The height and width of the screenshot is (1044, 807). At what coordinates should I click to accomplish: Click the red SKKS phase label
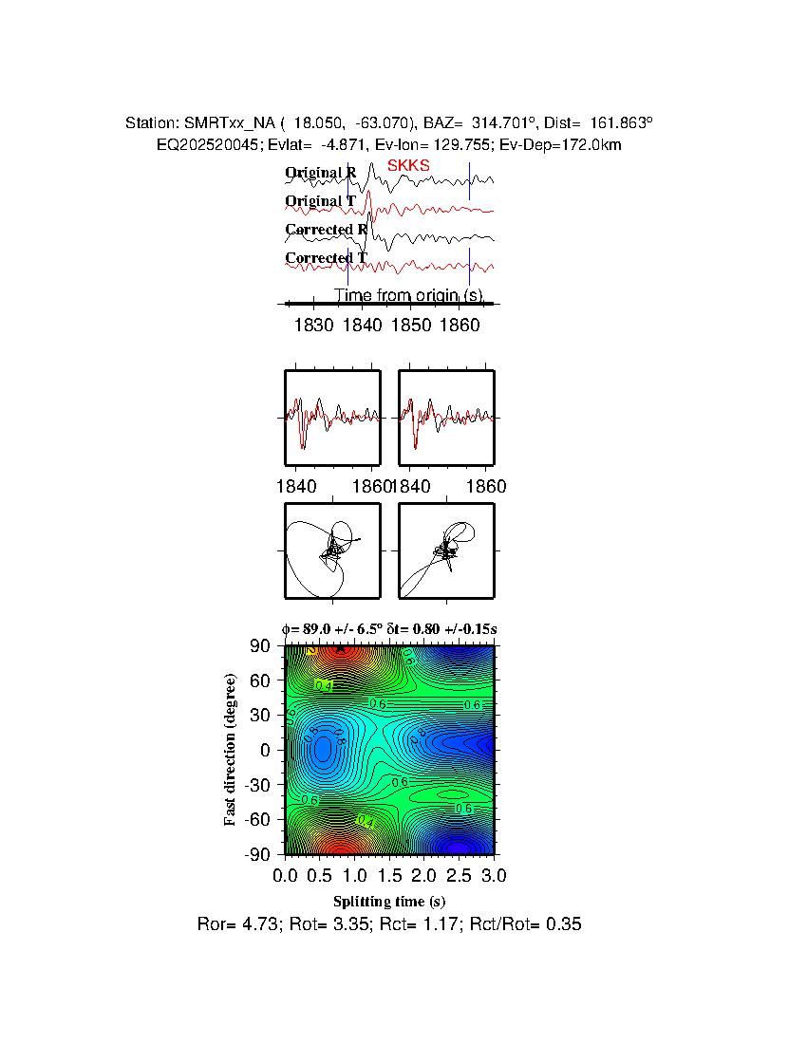(408, 166)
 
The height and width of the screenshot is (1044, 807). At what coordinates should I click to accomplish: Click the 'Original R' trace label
(321, 173)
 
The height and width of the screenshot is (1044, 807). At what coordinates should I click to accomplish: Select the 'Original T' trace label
(321, 201)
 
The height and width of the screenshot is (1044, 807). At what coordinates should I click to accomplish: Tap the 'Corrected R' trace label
(326, 230)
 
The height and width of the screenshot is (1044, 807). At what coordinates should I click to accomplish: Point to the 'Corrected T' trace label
(326, 258)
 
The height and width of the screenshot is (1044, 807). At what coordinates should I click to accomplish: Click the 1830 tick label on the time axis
(314, 325)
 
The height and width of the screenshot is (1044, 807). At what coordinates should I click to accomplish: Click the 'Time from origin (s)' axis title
(408, 295)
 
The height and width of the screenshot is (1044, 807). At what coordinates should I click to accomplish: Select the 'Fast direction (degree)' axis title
(231, 750)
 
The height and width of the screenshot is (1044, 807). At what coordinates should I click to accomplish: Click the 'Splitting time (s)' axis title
(389, 901)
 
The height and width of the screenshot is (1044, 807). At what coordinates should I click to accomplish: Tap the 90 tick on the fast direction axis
(262, 646)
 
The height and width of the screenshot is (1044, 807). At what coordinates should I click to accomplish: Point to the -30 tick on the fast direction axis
(258, 785)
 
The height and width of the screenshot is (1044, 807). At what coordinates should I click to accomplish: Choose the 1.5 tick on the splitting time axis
(389, 874)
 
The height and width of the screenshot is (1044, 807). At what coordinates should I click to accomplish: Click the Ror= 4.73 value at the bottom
(233, 923)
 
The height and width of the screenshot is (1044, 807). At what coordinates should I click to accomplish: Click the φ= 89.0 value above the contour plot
(318, 628)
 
